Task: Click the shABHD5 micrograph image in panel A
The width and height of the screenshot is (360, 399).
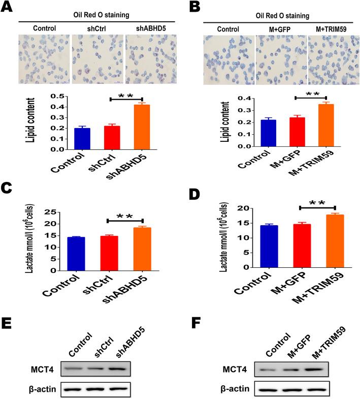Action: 151,58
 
